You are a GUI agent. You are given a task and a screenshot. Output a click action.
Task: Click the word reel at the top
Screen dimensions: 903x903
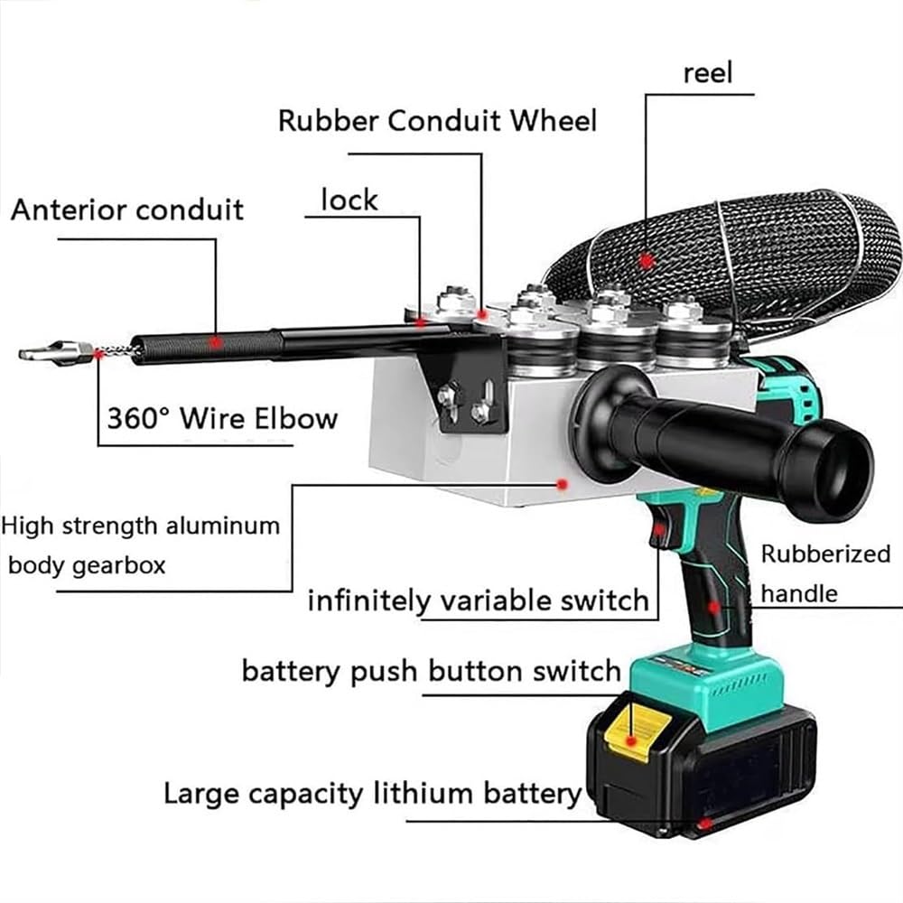coord(707,73)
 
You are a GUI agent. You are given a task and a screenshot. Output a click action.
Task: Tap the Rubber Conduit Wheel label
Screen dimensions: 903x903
coord(437,120)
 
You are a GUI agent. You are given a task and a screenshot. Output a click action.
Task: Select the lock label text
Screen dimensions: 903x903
coord(349,200)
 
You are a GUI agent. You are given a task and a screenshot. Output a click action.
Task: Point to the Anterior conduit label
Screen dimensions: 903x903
coord(127,209)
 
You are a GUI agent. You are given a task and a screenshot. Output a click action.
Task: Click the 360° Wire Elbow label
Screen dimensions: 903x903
coord(222,418)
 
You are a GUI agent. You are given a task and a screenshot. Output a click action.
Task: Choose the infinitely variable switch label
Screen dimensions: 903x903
coord(478,600)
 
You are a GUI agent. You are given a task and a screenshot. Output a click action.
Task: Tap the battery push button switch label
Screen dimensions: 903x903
coord(432,672)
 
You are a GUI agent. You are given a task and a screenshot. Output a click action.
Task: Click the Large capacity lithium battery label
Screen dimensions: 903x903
coord(372,794)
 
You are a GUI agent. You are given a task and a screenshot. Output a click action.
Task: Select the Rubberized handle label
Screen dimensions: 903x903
coord(824,573)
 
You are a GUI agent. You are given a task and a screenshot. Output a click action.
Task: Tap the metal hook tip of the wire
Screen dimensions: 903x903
coord(41,351)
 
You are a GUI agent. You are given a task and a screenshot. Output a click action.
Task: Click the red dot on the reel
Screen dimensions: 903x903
coord(646,260)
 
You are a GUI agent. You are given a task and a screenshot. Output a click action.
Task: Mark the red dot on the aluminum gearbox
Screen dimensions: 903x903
coord(563,484)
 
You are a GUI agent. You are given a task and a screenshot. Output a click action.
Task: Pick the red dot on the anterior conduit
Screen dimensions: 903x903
coord(215,342)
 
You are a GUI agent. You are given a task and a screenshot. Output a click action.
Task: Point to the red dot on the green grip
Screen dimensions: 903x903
coord(714,608)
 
